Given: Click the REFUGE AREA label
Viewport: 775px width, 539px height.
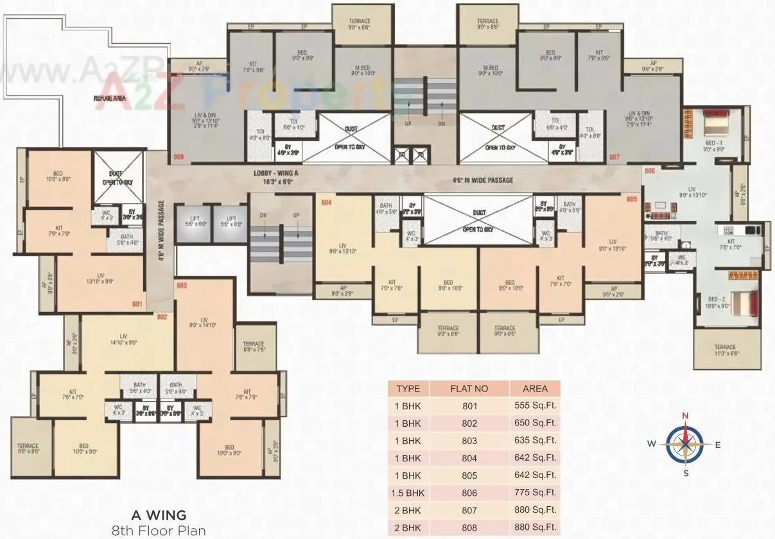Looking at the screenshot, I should (110, 98).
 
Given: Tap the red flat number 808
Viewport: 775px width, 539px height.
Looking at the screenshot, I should (179, 157).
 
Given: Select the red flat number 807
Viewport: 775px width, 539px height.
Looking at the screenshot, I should (614, 157).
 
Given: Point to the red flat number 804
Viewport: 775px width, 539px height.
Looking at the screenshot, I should (326, 202).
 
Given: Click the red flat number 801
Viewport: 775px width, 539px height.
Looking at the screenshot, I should (136, 304).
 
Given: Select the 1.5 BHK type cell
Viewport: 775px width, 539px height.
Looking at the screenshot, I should (408, 493).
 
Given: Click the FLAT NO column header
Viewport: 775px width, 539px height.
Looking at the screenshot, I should (469, 388).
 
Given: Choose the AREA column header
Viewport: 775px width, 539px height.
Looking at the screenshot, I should (535, 388).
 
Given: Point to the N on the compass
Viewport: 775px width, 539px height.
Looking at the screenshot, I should (685, 416).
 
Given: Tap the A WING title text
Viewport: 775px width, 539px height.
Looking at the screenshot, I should (159, 515).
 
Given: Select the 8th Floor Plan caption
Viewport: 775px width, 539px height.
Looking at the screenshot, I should (159, 531).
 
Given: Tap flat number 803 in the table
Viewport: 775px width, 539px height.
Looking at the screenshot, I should (469, 441).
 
